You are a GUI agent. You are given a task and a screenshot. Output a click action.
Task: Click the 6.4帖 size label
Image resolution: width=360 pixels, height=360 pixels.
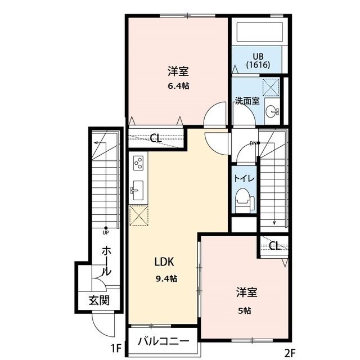click(x=177, y=87)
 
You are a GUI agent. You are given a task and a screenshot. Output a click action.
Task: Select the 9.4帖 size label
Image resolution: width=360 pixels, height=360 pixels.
click(x=166, y=278)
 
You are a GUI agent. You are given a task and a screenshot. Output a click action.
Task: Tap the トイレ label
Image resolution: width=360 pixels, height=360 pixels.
click(x=244, y=178)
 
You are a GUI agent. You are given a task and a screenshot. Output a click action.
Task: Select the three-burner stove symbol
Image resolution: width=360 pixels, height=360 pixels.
click(x=138, y=164)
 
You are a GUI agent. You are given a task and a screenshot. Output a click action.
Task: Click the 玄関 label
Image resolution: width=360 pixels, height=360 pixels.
click(x=98, y=300)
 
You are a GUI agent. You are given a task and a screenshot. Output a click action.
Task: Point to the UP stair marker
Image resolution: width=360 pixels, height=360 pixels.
click(x=105, y=231)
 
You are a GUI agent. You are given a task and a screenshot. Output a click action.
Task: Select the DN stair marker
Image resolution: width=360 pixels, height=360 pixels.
click(x=254, y=143)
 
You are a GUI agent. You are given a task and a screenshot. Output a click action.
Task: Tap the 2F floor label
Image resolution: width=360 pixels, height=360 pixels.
click(x=290, y=354)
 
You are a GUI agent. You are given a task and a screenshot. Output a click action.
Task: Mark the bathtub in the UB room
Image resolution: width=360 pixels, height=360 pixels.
click(x=259, y=33)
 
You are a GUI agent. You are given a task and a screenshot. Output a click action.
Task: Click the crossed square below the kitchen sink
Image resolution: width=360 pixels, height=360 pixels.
click(x=138, y=215)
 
